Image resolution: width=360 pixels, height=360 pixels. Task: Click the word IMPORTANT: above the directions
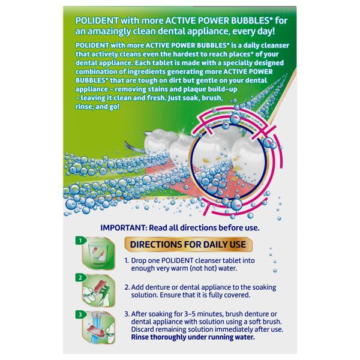pos(124,228)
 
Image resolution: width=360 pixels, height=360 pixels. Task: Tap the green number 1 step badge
pos(80,241)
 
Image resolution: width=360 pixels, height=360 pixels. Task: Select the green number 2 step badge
pos(80,278)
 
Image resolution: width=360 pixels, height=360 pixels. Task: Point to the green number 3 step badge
pos(80,314)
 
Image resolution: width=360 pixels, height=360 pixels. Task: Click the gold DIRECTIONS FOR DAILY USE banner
pos(188,244)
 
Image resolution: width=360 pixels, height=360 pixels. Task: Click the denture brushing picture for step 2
pos(99,291)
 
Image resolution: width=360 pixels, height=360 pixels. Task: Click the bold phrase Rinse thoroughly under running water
pos(193,337)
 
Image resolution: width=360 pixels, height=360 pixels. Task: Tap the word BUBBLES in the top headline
pos(250,20)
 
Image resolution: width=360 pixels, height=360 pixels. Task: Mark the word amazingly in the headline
pos(109,31)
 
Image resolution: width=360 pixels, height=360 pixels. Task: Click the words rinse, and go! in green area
pos(98,107)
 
